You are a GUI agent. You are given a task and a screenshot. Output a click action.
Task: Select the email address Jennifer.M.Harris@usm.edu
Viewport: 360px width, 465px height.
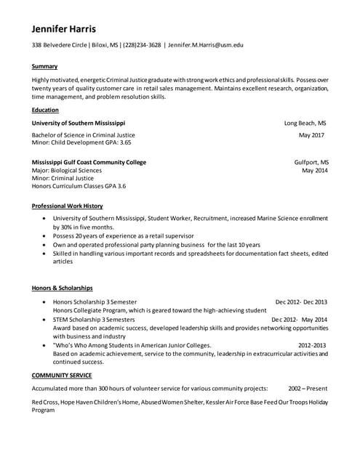[x=206, y=45]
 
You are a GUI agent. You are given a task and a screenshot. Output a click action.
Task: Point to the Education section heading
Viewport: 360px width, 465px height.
[x=45, y=110]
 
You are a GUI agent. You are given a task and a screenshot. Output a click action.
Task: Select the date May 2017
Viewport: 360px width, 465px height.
[x=312, y=135]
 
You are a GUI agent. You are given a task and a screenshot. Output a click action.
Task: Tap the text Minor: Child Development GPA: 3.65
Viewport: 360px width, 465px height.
[x=81, y=142]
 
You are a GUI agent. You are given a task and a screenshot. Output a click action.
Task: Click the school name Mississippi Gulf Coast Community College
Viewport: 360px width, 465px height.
[x=89, y=162]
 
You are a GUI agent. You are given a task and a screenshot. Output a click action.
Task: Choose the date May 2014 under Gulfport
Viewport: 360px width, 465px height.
[x=315, y=170]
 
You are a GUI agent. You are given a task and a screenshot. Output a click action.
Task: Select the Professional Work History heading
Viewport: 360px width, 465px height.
[x=67, y=206]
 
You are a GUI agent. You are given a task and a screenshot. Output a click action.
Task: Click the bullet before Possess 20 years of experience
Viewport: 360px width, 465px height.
[x=46, y=236]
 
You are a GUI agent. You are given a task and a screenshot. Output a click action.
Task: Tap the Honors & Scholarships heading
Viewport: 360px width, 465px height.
[x=62, y=288]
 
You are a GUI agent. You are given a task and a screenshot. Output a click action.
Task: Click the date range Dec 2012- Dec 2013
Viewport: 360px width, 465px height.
[x=301, y=302]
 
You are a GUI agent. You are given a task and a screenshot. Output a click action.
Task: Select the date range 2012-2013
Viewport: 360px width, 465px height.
[x=312, y=345]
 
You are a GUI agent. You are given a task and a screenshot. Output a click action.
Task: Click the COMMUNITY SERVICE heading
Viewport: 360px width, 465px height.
[x=62, y=375]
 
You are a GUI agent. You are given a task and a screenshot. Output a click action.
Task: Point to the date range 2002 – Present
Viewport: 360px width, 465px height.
[x=308, y=389]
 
